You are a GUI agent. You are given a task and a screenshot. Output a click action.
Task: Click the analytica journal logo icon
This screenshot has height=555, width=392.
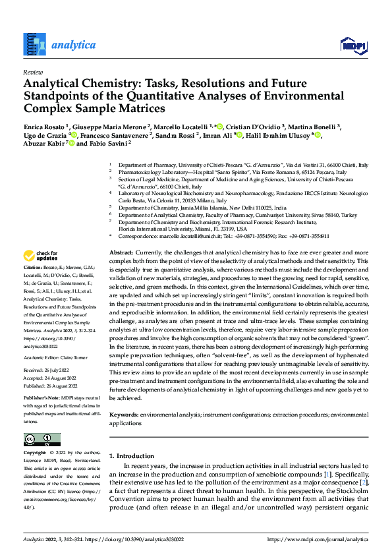34,45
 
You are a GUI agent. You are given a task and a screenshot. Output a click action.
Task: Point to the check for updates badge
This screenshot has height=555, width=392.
40,256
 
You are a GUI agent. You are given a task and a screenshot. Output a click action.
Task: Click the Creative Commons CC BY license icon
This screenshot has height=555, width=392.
42,440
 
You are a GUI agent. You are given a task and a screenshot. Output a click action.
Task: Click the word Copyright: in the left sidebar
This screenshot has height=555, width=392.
35,453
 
